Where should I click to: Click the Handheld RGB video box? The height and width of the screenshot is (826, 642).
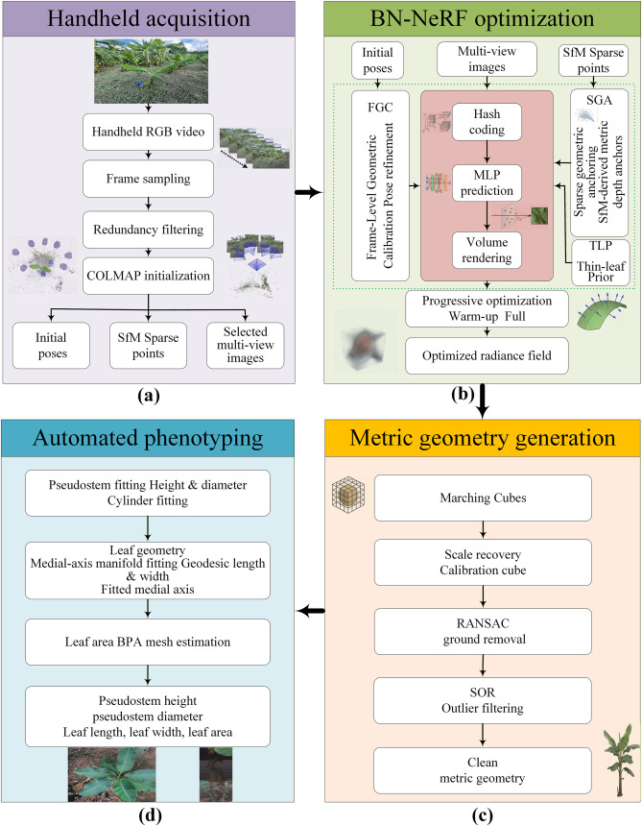click(148, 132)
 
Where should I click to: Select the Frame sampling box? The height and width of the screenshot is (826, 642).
click(148, 179)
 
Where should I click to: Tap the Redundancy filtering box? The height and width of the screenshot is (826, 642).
click(148, 230)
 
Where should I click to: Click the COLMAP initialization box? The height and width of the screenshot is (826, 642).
click(148, 276)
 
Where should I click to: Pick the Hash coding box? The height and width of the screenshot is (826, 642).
click(487, 122)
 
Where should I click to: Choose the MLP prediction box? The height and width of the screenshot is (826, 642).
click(487, 182)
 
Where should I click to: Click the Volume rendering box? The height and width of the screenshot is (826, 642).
click(487, 250)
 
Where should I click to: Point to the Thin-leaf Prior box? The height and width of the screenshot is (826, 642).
click(601, 262)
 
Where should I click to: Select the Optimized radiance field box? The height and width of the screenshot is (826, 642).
click(487, 355)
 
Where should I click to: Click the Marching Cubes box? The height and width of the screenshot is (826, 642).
click(483, 498)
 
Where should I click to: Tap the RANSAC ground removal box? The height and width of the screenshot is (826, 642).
click(483, 632)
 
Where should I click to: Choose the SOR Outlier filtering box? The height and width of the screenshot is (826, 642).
click(483, 700)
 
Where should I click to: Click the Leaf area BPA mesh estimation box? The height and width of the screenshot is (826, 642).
click(148, 642)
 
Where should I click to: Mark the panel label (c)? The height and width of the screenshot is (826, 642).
click(482, 815)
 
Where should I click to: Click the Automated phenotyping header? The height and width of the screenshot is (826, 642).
click(148, 438)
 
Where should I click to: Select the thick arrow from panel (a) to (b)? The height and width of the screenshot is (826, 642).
click(308, 192)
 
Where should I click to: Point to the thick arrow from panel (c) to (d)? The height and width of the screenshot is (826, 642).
click(311, 611)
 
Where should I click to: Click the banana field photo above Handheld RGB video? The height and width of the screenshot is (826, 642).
click(151, 70)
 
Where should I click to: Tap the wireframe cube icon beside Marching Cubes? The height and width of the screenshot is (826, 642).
click(348, 495)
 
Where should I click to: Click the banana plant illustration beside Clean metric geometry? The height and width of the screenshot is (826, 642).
click(618, 760)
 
